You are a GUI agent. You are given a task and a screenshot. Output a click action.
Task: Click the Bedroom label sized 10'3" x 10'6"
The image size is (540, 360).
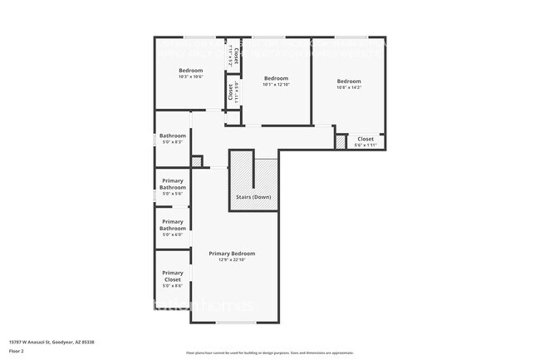191,71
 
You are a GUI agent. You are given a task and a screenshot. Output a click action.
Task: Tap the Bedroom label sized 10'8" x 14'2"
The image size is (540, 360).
348,81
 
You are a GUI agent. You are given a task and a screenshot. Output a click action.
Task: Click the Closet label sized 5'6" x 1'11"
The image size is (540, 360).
366,139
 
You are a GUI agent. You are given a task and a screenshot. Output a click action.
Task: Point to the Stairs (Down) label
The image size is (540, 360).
254,197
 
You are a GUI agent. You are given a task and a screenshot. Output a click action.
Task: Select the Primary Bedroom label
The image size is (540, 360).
232,254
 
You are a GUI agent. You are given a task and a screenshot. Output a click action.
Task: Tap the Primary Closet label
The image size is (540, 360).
173,276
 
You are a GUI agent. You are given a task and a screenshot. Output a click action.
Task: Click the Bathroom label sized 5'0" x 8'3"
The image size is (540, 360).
173,136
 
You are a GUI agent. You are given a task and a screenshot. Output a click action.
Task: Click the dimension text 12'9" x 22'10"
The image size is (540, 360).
232,259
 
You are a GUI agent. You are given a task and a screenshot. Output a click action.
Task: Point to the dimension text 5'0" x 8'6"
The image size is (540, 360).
173,285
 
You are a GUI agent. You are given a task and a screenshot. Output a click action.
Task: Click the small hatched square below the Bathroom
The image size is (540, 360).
197,161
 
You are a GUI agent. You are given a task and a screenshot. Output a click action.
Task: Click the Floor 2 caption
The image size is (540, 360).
17,351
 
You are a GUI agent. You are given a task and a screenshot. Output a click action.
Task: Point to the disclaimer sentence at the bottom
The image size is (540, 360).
270,353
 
